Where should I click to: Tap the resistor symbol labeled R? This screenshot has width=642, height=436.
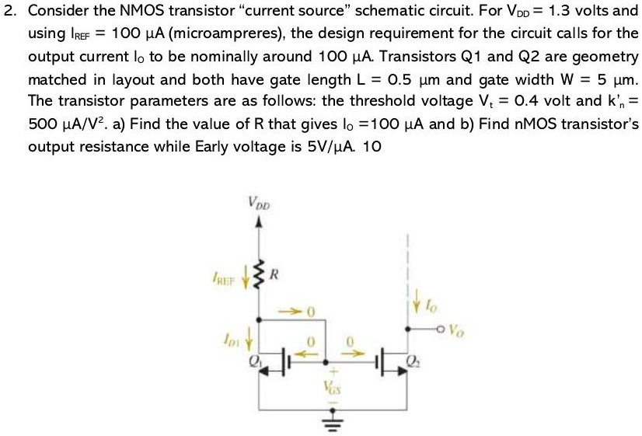click(x=261, y=273)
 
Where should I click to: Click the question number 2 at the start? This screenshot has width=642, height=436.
click(x=9, y=12)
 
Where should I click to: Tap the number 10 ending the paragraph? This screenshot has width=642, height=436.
click(x=372, y=148)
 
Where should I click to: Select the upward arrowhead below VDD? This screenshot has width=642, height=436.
click(x=260, y=221)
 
